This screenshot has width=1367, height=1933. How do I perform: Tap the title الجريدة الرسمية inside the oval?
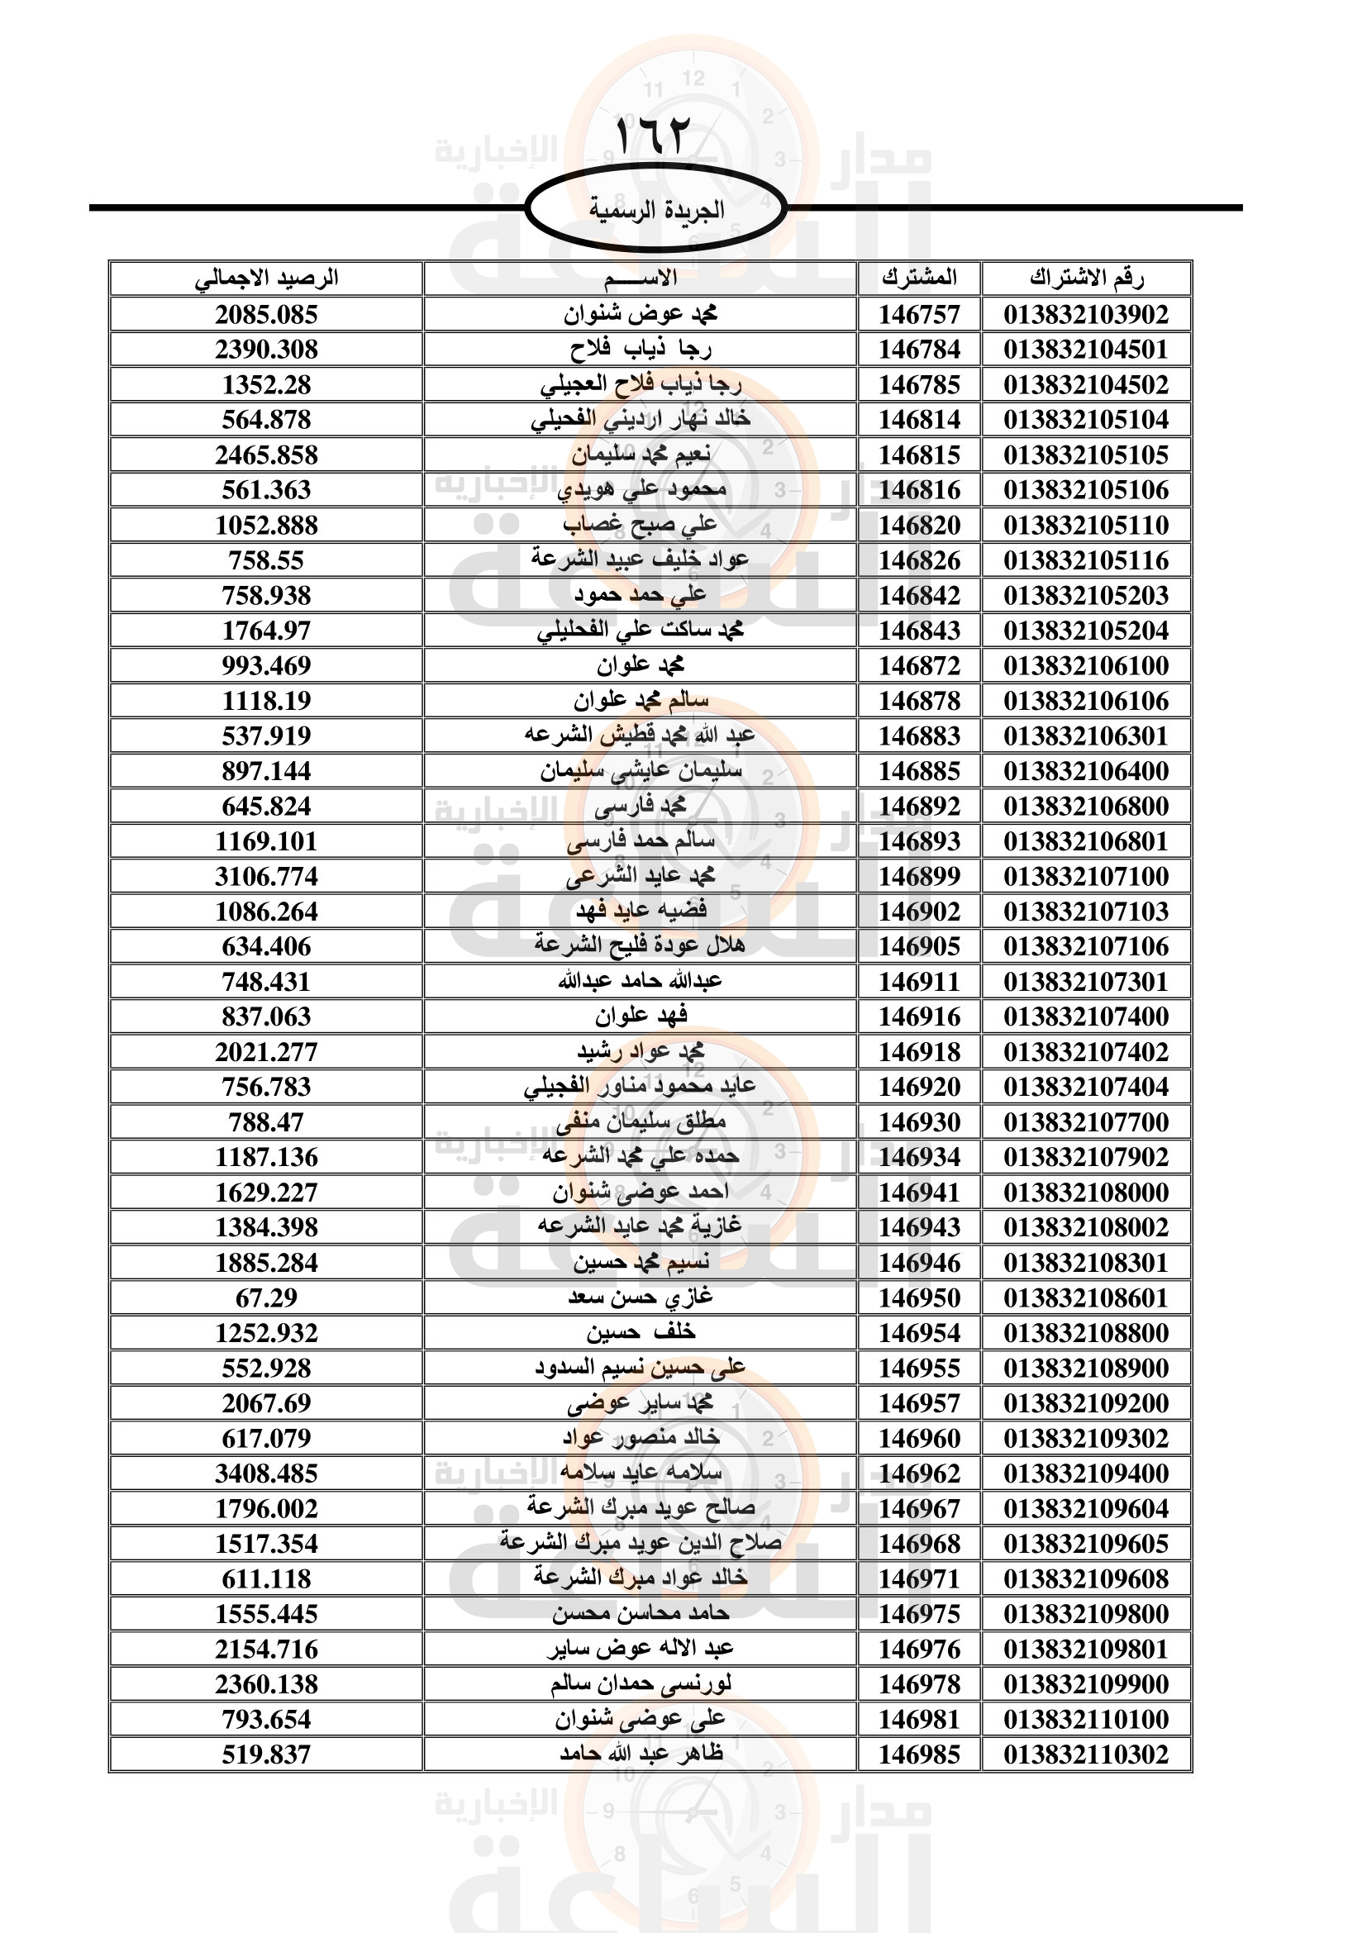click(x=655, y=209)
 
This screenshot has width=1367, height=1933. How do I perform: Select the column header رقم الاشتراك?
click(x=1086, y=278)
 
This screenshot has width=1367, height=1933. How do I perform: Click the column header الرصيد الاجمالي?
click(x=266, y=278)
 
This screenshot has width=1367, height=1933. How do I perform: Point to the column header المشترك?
click(x=919, y=278)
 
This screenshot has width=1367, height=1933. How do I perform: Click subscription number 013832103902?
click(x=1086, y=315)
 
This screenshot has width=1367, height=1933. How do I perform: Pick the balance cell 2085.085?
click(x=266, y=315)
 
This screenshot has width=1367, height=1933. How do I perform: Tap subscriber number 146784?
click(x=919, y=350)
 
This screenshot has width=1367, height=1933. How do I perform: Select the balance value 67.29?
click(x=266, y=1297)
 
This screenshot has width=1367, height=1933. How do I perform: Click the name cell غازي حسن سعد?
click(x=640, y=1297)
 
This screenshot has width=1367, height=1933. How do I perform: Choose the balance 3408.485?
click(x=266, y=1474)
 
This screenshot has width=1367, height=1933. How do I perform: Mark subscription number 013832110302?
click(x=1086, y=1754)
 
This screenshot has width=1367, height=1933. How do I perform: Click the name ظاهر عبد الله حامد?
click(x=640, y=1754)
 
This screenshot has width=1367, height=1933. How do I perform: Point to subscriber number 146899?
click(x=919, y=876)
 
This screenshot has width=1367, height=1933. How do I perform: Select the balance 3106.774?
click(x=266, y=876)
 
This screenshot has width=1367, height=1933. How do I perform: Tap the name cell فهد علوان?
click(x=640, y=1017)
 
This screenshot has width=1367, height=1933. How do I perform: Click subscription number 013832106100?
click(x=1086, y=666)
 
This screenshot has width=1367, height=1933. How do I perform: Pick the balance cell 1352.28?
click(x=266, y=385)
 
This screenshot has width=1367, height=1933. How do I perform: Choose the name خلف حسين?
click(x=640, y=1333)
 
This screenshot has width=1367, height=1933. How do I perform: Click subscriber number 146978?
click(x=919, y=1683)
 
